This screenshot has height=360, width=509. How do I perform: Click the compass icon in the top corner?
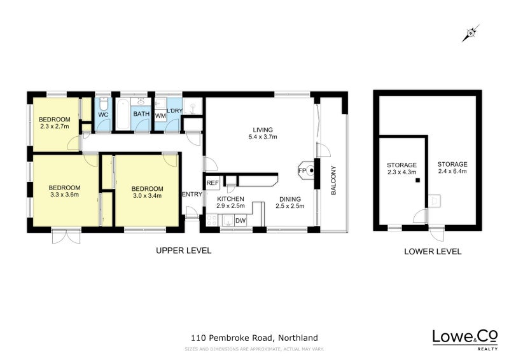pyautogui.click(x=471, y=32)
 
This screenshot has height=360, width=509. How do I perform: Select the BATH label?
pyautogui.click(x=141, y=114)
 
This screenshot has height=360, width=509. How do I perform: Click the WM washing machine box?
pyautogui.click(x=160, y=115)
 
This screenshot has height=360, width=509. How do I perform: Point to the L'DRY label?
pyautogui.click(x=175, y=112)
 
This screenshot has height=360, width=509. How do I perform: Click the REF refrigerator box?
pyautogui.click(x=213, y=183)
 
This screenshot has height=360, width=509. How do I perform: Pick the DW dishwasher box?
pyautogui.click(x=240, y=221)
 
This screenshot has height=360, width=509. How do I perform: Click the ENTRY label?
pyautogui.click(x=192, y=194)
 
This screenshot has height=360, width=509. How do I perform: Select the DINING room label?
pyautogui.click(x=289, y=198)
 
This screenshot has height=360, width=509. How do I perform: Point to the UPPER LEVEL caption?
pyautogui.click(x=184, y=251)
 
